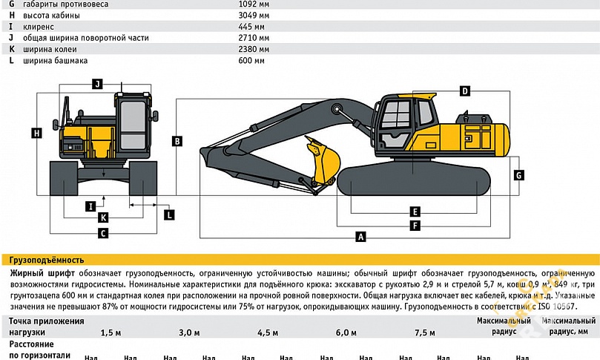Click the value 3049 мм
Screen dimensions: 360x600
(x=248, y=15)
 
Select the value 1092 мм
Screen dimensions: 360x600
(x=248, y=4)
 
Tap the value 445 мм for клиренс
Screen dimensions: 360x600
(x=246, y=26)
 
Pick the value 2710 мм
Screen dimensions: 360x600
(x=248, y=37)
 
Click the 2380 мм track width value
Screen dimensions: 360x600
(x=248, y=49)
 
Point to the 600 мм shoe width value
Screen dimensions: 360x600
(x=246, y=60)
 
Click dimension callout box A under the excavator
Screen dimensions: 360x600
(x=361, y=238)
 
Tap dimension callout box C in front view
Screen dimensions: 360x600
(x=104, y=233)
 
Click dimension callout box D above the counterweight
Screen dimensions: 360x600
(x=465, y=91)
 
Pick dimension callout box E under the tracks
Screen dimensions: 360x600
(x=415, y=212)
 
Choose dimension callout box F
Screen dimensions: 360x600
(x=415, y=224)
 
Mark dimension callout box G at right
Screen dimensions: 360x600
(x=519, y=175)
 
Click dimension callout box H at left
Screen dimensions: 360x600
(x=36, y=133)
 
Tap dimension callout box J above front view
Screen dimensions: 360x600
(x=97, y=84)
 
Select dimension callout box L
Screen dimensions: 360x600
(x=170, y=215)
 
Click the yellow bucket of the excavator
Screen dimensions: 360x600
(x=323, y=162)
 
